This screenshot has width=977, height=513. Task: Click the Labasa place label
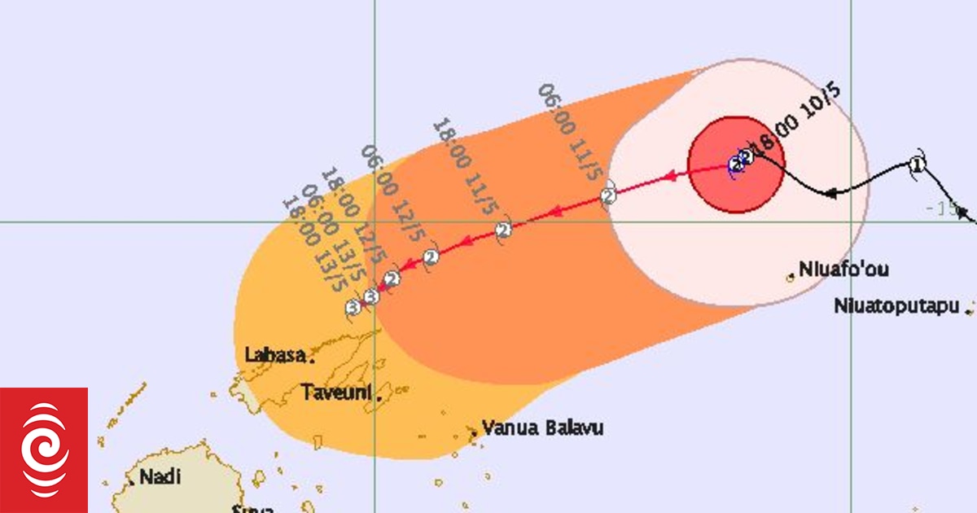[275, 355]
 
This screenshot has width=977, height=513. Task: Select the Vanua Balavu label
[542, 427]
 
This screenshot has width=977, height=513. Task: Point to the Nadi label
[160, 477]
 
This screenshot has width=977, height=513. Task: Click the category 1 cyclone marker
[918, 165]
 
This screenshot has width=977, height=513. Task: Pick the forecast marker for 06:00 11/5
[608, 196]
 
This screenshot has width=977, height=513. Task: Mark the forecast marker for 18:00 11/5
[504, 230]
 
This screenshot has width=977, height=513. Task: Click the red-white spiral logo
[44, 450]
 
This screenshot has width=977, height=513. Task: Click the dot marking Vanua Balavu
[473, 432]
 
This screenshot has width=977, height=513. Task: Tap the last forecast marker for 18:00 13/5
[353, 308]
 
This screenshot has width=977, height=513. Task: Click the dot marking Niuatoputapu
[968, 309]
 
